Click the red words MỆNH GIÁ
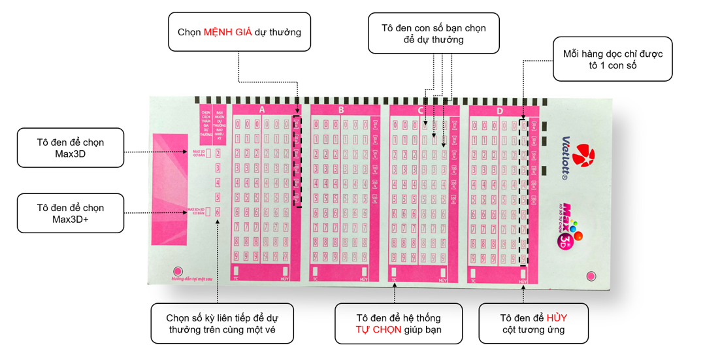[228, 32]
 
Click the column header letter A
[261, 110]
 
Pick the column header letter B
[340, 110]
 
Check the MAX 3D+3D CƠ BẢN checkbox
[208, 212]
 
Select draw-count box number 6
[218, 212]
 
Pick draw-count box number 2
[218, 153]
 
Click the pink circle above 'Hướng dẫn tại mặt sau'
[176, 271]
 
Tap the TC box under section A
[237, 270]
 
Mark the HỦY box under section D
[523, 270]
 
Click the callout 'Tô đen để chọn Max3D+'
[70, 213]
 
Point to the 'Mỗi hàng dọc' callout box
[613, 59]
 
